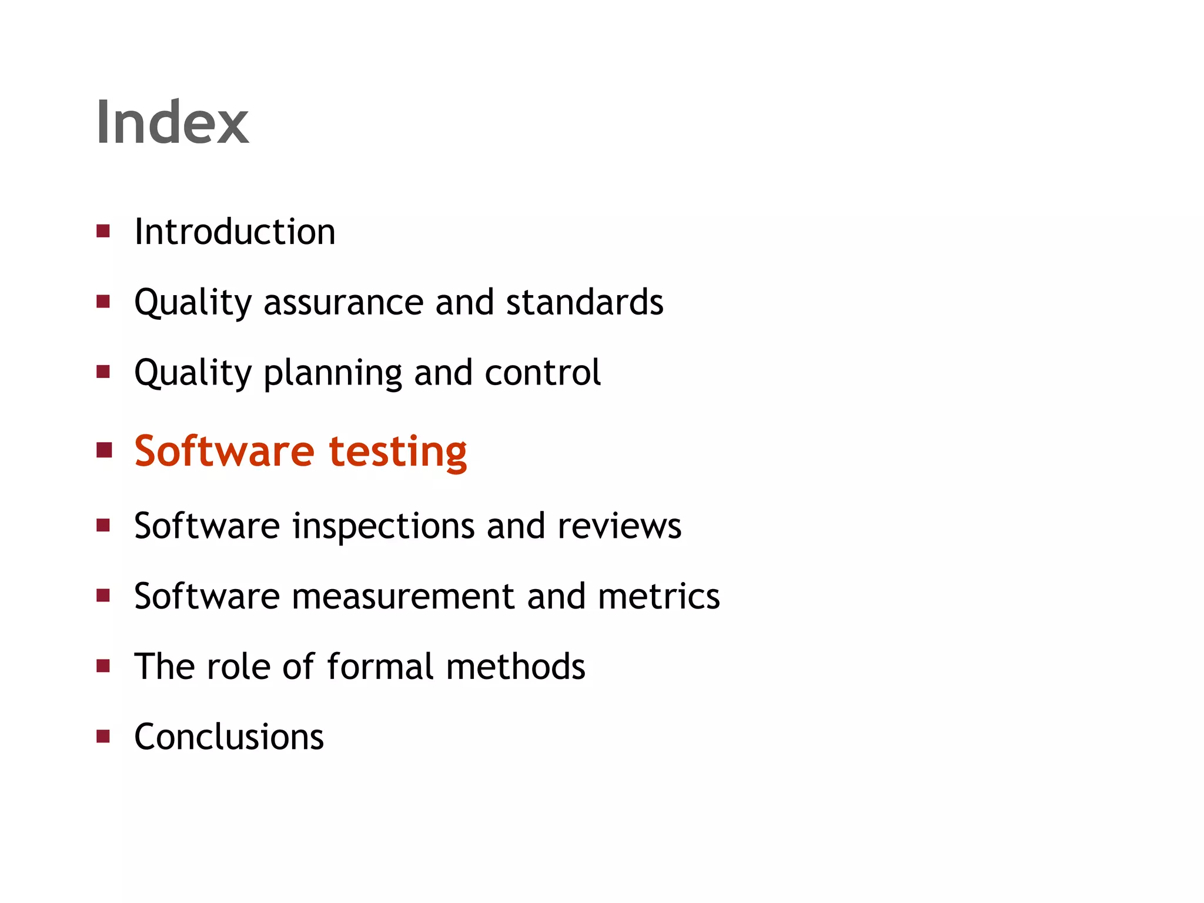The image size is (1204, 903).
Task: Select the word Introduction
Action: pyautogui.click(x=235, y=232)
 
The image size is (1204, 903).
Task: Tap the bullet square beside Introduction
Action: pyautogui.click(x=103, y=231)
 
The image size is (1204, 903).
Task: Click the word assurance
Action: pyautogui.click(x=343, y=302)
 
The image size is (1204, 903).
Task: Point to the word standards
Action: pyautogui.click(x=584, y=302)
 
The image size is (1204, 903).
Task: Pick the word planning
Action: pyautogui.click(x=333, y=374)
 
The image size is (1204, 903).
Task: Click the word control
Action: pyautogui.click(x=543, y=373)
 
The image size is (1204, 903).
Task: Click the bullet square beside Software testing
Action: pyautogui.click(x=104, y=451)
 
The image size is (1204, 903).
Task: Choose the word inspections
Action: pyautogui.click(x=383, y=526)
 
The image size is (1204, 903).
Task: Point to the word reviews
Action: pyautogui.click(x=619, y=526)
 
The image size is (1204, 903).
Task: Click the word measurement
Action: pyautogui.click(x=403, y=597)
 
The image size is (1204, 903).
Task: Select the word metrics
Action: pyautogui.click(x=658, y=597)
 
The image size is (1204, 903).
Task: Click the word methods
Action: pyautogui.click(x=516, y=667)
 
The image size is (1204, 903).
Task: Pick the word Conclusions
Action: pyautogui.click(x=229, y=737)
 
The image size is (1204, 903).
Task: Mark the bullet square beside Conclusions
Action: pyautogui.click(x=103, y=737)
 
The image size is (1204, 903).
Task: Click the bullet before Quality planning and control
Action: pyautogui.click(x=103, y=372)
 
